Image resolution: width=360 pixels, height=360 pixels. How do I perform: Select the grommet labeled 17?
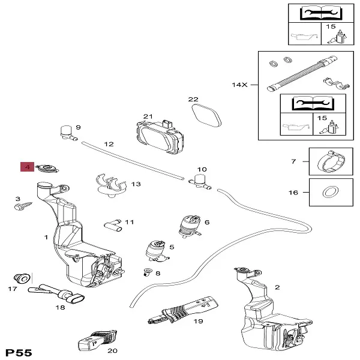[22, 278]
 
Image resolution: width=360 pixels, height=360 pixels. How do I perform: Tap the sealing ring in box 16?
[329, 193]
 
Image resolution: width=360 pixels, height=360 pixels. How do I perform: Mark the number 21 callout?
[148, 116]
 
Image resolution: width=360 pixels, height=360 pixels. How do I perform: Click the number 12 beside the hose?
[109, 144]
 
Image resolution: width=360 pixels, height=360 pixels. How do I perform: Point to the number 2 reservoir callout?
[277, 287]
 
